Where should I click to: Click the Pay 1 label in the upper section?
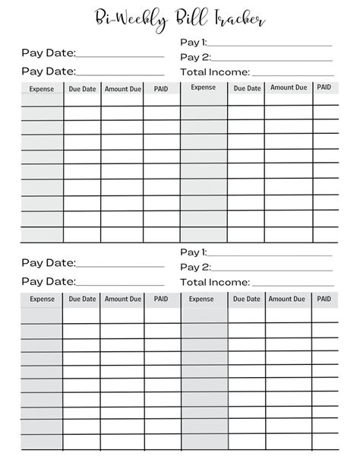[x=193, y=43]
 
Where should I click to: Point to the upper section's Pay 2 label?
[x=195, y=57]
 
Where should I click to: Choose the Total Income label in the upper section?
[x=215, y=72]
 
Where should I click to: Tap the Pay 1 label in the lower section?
[x=193, y=252]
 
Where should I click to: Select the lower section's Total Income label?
[x=215, y=282]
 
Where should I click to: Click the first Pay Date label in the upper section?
[x=49, y=53]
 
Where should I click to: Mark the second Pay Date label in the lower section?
[x=49, y=281]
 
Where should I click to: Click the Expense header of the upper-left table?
[x=42, y=89]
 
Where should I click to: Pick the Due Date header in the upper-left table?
[x=83, y=89]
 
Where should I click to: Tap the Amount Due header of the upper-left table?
[x=122, y=89]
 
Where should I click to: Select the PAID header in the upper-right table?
[x=324, y=87]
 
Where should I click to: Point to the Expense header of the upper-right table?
[x=203, y=87]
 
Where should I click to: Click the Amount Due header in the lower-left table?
[x=122, y=299]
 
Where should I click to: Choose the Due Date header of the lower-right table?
[x=247, y=299]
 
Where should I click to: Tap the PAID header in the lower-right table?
[x=324, y=299]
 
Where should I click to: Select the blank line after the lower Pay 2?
[x=272, y=270]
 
